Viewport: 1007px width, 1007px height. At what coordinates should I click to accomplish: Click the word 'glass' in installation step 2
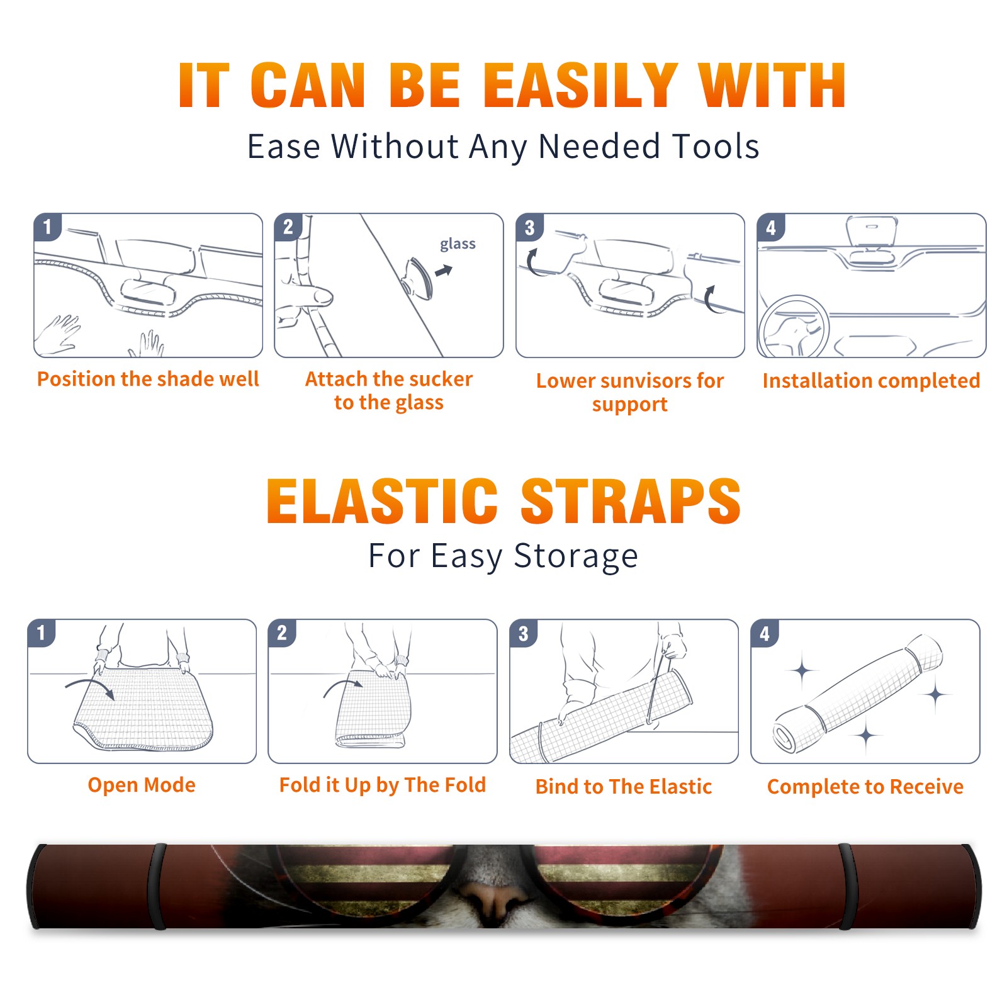[x=458, y=244]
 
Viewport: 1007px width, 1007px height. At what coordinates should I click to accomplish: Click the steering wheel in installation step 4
[x=794, y=327]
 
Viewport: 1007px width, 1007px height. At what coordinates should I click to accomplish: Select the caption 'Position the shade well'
[x=148, y=379]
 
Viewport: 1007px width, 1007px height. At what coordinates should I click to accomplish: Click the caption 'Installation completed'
[x=871, y=380]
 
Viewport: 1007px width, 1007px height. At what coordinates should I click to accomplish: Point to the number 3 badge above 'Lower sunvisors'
[x=529, y=227]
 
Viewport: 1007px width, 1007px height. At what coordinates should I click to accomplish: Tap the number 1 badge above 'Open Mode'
[x=42, y=633]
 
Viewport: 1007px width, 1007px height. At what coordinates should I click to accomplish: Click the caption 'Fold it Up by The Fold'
[x=383, y=785]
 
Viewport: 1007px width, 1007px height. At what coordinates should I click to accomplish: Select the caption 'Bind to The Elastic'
[x=624, y=787]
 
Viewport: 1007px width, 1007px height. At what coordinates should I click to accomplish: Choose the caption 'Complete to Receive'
[x=865, y=787]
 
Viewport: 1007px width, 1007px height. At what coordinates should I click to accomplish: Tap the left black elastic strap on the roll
[x=157, y=886]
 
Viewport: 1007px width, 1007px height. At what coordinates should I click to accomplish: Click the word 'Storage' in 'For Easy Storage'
[x=576, y=556]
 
